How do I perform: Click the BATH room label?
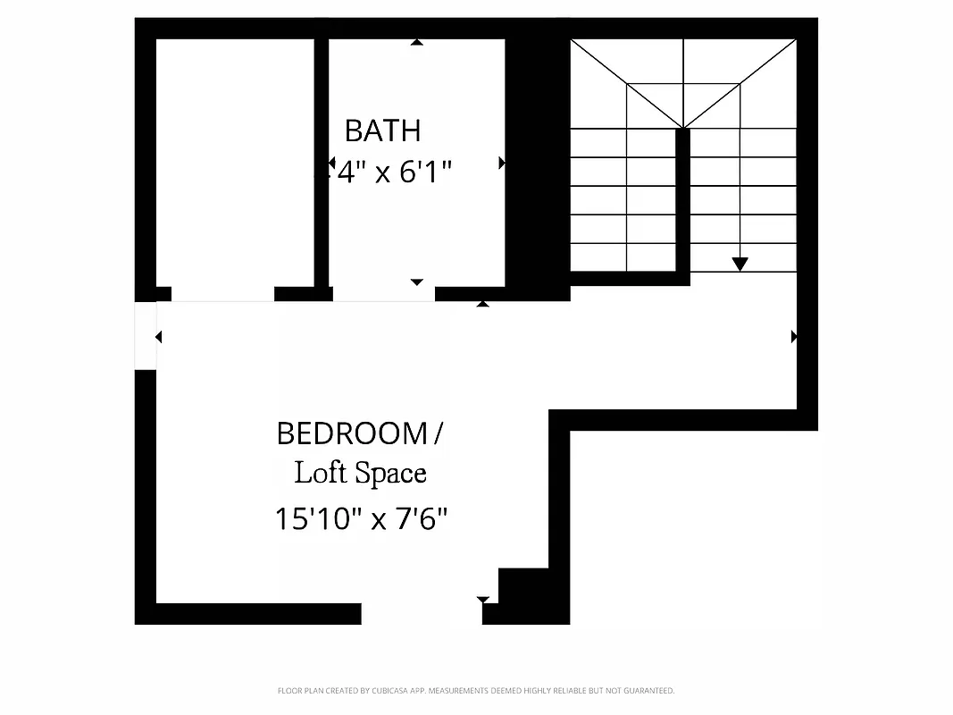tap(382, 130)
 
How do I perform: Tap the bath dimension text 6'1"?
tap(425, 172)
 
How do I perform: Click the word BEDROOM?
tap(353, 433)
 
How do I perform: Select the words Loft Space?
tap(360, 473)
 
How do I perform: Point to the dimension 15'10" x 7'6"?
tap(360, 518)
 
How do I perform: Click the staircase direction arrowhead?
tap(740, 264)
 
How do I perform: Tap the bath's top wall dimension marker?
tap(416, 41)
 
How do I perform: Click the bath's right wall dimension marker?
tap(502, 163)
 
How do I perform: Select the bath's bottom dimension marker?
tap(416, 282)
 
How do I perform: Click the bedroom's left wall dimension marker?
tap(159, 337)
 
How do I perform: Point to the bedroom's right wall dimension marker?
tap(793, 337)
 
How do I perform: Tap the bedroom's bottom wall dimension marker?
tap(483, 600)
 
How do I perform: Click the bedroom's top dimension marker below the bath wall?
tap(482, 304)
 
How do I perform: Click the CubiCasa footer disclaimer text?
tap(476, 690)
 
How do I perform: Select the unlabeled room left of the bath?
tap(235, 161)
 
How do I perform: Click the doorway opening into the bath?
tap(383, 294)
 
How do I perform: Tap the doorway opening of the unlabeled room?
tap(222, 294)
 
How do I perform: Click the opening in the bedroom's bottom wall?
tap(422, 613)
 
